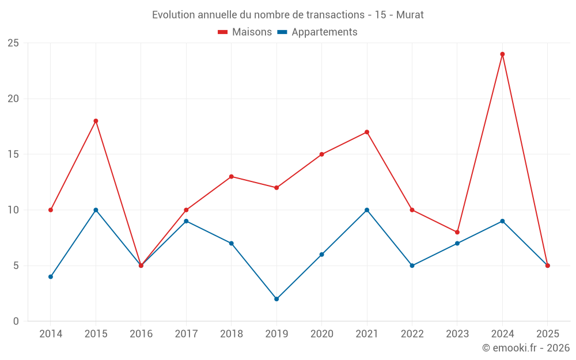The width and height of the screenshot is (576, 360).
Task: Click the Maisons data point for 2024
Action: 502,54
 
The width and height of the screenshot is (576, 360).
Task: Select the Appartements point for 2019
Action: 276,299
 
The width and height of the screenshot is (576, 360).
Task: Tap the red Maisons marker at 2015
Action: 96,121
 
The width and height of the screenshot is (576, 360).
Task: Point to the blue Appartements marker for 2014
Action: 51,276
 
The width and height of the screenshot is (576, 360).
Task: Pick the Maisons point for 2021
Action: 367,132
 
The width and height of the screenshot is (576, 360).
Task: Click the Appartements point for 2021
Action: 367,210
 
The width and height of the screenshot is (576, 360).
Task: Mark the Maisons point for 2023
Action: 457,232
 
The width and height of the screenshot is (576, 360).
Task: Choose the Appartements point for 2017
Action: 186,221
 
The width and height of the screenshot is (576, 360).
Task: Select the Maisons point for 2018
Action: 231,176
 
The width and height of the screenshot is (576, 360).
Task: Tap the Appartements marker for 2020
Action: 321,254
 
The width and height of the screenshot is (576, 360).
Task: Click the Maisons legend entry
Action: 245,32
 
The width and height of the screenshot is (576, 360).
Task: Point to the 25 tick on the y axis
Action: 13,43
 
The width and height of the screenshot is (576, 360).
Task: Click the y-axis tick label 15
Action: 13,154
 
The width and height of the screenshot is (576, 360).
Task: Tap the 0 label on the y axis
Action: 16,321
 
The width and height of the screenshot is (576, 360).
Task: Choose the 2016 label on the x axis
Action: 141,334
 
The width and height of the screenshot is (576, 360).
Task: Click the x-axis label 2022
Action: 412,334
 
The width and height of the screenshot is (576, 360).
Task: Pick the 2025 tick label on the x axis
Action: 548,334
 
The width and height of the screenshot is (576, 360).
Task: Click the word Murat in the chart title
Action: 410,15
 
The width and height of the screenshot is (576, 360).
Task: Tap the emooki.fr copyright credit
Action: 525,348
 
